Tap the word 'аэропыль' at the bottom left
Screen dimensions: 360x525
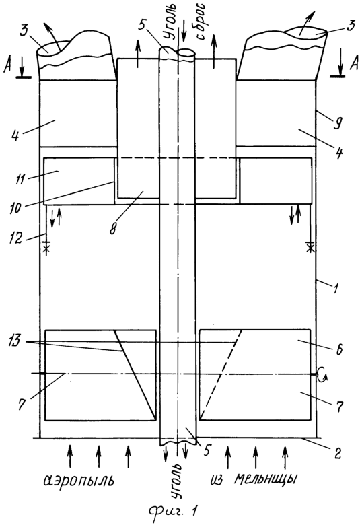pyautogui.click(x=79, y=481)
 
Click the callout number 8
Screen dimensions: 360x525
pyautogui.click(x=114, y=229)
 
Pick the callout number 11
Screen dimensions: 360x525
pyautogui.click(x=20, y=179)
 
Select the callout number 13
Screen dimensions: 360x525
pyautogui.click(x=15, y=342)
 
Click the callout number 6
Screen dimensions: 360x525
pyautogui.click(x=338, y=349)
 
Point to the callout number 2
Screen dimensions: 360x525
pyautogui.click(x=337, y=453)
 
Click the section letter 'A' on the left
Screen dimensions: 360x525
pyautogui.click(x=7, y=67)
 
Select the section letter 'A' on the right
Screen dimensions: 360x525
pyautogui.click(x=353, y=64)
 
